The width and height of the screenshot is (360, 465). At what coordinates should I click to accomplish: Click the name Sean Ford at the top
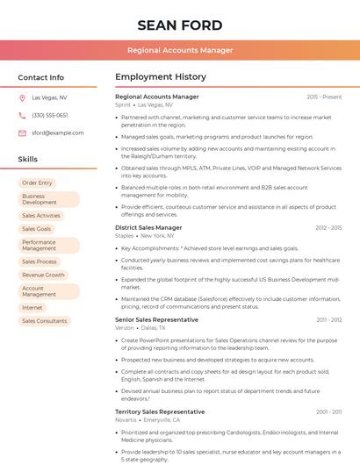coord(180,25)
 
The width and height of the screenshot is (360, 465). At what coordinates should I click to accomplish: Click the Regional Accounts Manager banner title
coord(180,50)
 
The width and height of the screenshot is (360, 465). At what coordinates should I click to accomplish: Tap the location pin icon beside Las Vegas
coord(22,97)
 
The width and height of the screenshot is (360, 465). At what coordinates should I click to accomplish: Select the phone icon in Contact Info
coord(22,115)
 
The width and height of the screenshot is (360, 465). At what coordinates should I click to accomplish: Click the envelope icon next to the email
coord(22,133)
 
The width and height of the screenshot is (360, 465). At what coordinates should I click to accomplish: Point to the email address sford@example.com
coord(58,133)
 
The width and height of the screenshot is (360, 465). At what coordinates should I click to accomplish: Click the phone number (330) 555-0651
coord(50,115)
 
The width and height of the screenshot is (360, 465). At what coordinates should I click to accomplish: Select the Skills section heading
coord(28,160)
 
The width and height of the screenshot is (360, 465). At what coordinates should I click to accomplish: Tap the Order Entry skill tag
coord(37,182)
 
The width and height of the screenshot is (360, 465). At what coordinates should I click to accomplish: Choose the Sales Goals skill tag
coord(37,229)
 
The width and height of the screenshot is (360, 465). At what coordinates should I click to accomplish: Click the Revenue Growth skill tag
coord(43,275)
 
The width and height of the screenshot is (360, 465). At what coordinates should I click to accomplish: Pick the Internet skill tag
coord(32,308)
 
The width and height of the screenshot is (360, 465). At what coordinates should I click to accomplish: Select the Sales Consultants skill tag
coord(45,321)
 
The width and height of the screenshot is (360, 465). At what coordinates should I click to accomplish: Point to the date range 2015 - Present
coord(324,97)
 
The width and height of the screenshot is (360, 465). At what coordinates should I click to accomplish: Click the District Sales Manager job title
coord(148,227)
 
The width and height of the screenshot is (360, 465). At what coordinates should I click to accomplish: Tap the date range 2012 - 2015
coord(328,227)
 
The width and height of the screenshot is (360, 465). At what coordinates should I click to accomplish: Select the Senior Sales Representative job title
coord(156,319)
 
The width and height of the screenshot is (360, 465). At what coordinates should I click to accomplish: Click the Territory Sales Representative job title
coord(160,411)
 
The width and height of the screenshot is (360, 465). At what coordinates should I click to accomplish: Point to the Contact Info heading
coord(41,77)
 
